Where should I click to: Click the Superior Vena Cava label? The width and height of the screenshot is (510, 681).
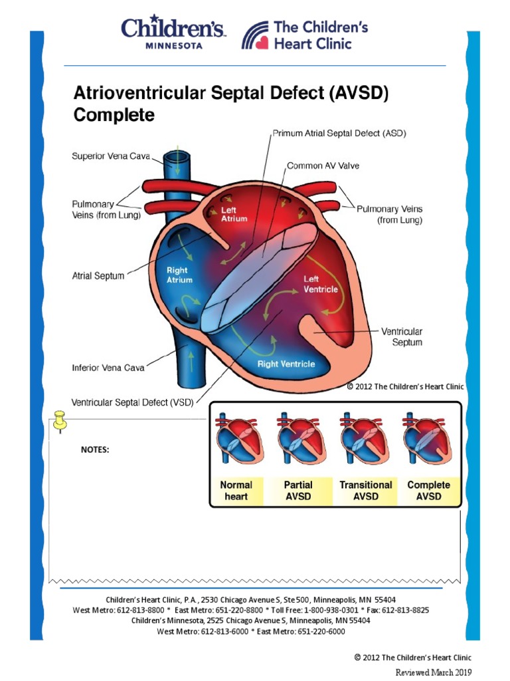[111, 157]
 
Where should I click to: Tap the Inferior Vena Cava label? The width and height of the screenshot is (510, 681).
[108, 366]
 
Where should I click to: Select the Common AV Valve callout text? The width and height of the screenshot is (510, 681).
[323, 166]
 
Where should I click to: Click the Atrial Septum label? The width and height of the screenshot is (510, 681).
[98, 275]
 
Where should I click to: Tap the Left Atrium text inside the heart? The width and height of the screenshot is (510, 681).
[234, 214]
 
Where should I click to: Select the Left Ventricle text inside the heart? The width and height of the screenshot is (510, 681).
[321, 284]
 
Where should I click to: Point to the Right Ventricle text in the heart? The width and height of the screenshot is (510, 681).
[286, 364]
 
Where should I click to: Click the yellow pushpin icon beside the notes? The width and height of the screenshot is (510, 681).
[60, 420]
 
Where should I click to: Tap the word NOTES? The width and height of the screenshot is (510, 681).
[95, 450]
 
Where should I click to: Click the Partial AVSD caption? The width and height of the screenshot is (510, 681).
[298, 491]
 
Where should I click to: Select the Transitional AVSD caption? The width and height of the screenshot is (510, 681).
[366, 491]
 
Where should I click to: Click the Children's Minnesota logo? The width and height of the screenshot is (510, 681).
[173, 33]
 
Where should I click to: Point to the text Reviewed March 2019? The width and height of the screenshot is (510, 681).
[433, 672]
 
